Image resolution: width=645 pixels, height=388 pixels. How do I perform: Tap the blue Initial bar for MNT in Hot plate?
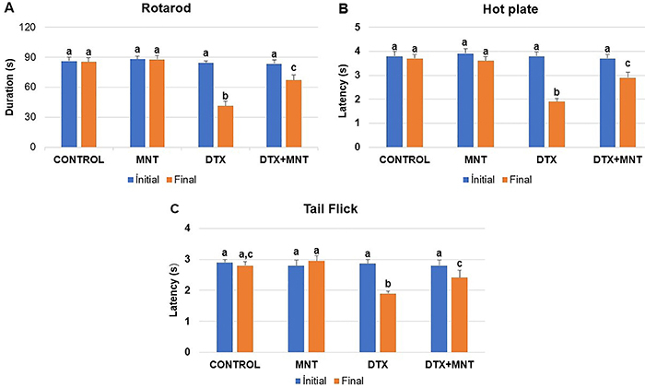tap(464, 100)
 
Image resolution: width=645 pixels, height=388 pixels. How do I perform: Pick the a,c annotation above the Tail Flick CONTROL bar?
tap(244, 253)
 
